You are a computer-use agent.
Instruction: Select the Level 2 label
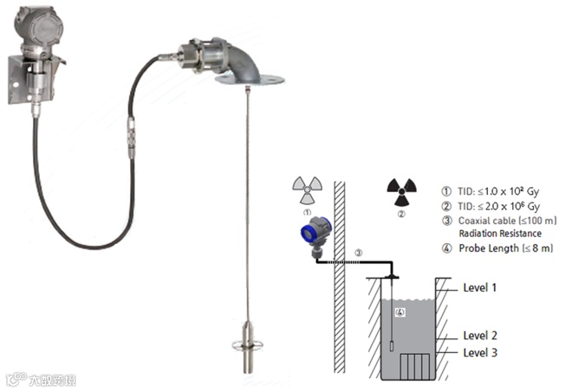(479, 335)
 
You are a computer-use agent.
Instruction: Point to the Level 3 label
(479, 352)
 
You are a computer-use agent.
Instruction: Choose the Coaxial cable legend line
(485, 221)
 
